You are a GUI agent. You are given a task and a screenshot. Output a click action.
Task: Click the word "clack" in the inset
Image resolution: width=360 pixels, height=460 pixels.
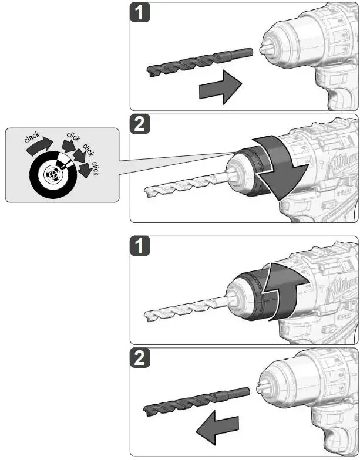(x=32, y=138)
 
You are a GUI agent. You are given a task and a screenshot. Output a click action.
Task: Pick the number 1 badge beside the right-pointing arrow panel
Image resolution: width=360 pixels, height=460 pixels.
(x=140, y=13)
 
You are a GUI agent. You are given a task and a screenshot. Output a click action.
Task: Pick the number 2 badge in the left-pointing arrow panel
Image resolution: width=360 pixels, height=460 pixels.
(x=140, y=358)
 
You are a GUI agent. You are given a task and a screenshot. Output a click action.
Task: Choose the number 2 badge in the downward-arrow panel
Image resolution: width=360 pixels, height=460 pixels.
(x=140, y=124)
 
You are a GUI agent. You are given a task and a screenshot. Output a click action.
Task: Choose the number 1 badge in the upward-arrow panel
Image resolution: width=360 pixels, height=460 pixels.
(x=140, y=246)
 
